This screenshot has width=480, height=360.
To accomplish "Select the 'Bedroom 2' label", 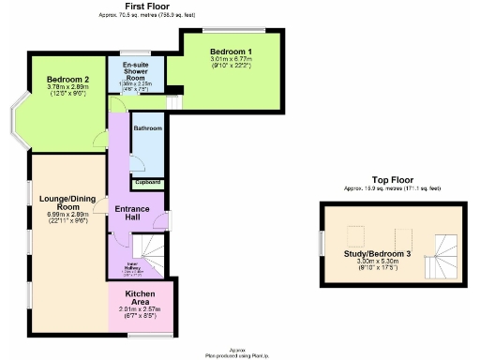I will (67, 80).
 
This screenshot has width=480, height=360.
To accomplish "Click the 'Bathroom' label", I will (147, 127).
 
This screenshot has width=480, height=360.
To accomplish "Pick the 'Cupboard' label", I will (147, 182).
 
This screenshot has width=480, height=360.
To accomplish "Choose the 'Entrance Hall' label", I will (132, 213).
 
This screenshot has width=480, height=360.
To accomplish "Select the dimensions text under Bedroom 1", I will (230, 63).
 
